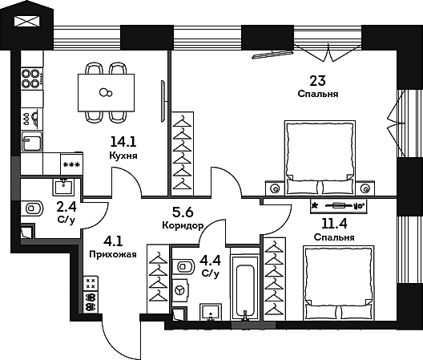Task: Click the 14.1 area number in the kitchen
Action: pos(123,142)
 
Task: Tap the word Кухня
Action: pos(123,156)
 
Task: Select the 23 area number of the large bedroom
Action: pos(317,80)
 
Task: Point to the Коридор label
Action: pos(183,225)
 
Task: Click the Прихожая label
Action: pos(113,254)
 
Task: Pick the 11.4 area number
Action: pos(334,223)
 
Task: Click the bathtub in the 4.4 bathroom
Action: pos(245,288)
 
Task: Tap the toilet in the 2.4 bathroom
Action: pos(32,208)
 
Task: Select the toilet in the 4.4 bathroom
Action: pos(183,267)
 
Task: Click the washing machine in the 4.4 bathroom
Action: pos(180,290)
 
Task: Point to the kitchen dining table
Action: pos(106,93)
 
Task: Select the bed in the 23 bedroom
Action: pos(320,158)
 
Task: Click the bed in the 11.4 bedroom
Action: pos(339,282)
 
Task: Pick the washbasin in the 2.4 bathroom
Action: pos(62,187)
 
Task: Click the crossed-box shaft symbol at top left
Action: pos(27,21)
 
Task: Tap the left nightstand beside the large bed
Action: pos(275,188)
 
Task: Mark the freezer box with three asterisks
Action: pos(71,164)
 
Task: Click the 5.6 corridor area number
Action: pos(183,212)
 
